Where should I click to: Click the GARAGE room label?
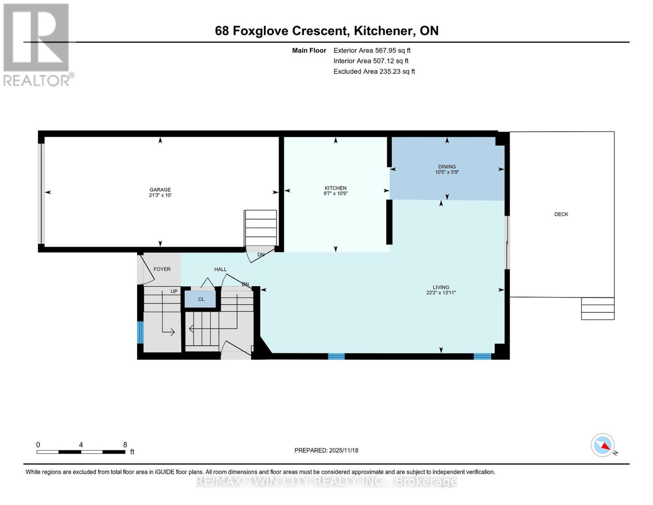[x=160, y=190]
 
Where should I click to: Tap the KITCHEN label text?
[x=335, y=188]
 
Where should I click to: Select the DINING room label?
[x=447, y=167]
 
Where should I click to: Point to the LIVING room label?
[x=441, y=287]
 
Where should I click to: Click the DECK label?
[x=561, y=214]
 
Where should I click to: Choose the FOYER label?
[x=162, y=269]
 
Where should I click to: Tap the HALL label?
[x=220, y=269]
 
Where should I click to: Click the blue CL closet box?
[x=201, y=299]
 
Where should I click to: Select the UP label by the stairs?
[x=174, y=291]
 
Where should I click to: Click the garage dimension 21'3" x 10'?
[x=160, y=195]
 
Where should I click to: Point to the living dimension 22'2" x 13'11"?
[x=441, y=292]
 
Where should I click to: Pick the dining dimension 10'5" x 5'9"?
[x=447, y=172]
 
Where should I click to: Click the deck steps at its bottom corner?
[x=597, y=308]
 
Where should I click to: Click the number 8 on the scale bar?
[x=125, y=444]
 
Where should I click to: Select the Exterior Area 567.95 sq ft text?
[x=372, y=50]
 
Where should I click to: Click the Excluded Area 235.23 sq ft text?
[x=374, y=72]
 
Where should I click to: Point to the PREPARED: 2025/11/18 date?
[x=326, y=450]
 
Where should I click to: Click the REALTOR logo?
[x=37, y=44]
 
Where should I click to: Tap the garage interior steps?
[x=261, y=228]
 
